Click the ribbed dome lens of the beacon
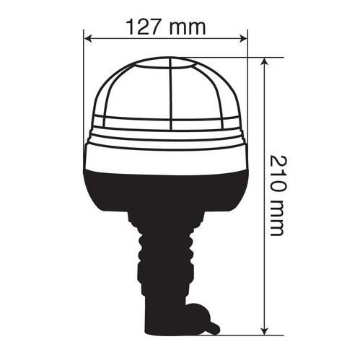[x=137, y=94]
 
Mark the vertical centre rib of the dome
[x=170, y=94]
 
